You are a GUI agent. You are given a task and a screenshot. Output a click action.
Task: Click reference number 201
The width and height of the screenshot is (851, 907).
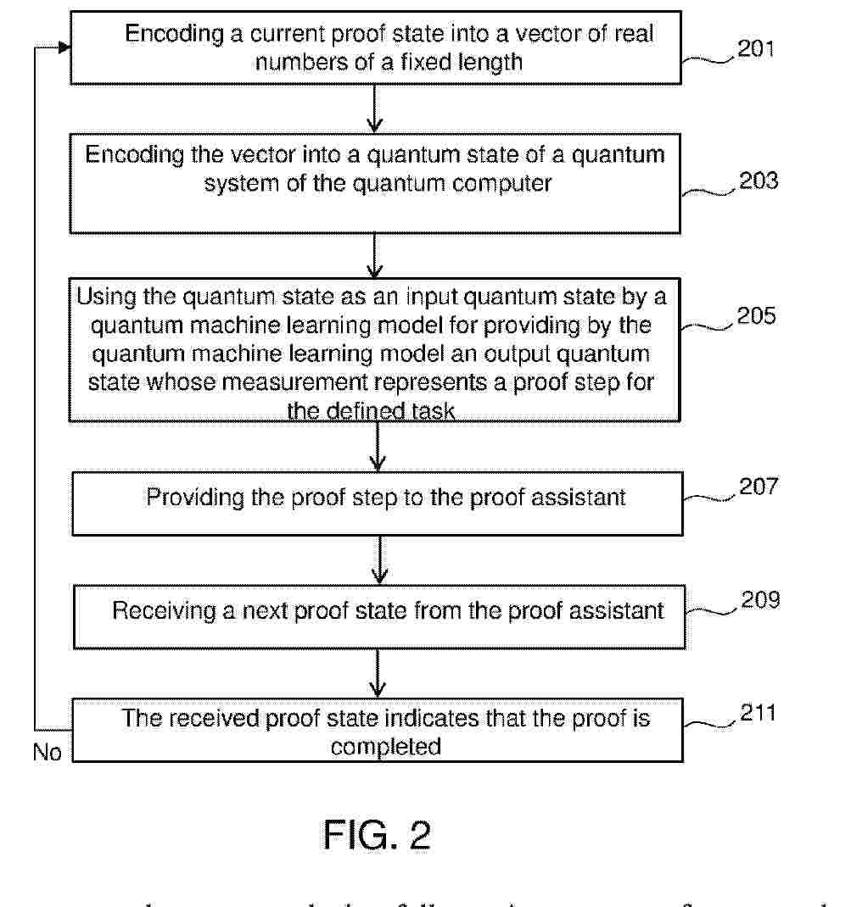(x=756, y=48)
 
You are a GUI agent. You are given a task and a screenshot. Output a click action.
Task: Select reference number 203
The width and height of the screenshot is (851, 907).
(x=759, y=181)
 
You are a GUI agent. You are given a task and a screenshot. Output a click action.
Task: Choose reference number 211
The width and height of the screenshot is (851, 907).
(x=757, y=713)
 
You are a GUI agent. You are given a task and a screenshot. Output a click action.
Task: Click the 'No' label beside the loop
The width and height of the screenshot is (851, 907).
(x=48, y=752)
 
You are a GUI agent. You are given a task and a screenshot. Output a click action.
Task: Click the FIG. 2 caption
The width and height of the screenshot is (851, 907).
(x=377, y=836)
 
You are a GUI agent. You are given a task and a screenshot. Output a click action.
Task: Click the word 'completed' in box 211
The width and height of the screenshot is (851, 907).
(x=386, y=747)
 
